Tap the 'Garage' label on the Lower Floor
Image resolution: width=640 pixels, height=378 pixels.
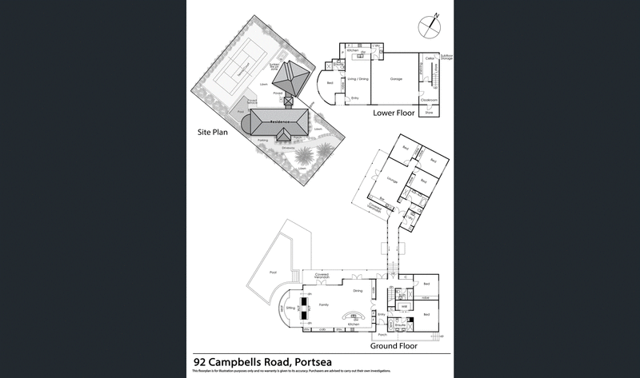[x=395, y=79]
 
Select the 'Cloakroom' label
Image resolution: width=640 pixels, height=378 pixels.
[x=429, y=100]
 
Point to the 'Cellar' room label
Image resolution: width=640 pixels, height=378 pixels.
[x=430, y=58]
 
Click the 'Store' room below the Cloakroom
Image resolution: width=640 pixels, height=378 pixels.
[x=429, y=113]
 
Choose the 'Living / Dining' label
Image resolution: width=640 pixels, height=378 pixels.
[x=356, y=79]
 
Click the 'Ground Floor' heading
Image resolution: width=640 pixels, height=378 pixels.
[x=394, y=347]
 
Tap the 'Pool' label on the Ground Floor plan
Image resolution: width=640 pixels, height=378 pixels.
[x=273, y=273]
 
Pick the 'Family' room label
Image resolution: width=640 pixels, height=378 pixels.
[x=323, y=305]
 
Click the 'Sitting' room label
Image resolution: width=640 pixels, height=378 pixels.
[x=290, y=307]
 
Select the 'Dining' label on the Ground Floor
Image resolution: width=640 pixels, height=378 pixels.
[x=358, y=290]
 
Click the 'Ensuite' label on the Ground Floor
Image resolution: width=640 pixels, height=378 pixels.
[x=399, y=325]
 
